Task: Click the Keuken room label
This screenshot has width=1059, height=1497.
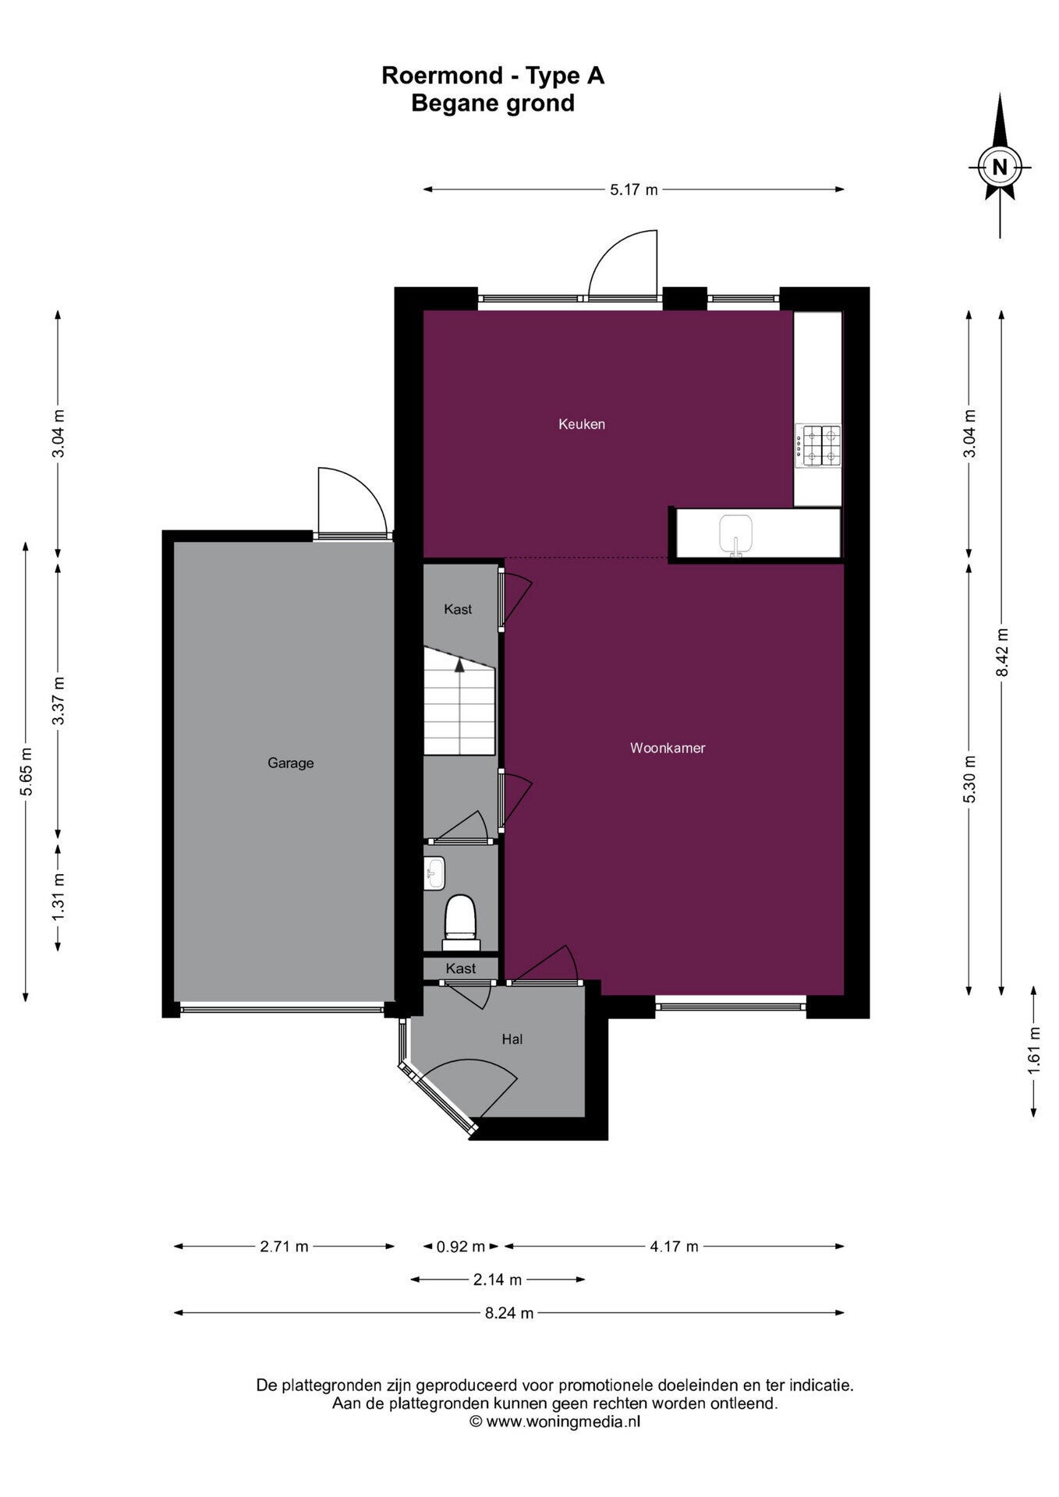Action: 581,424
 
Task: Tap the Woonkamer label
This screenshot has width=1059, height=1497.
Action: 668,748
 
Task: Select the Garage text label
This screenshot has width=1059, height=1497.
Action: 290,763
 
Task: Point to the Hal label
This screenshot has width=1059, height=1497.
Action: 512,1039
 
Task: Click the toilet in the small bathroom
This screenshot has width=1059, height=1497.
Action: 460,922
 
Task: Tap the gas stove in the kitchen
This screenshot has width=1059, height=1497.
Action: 818,445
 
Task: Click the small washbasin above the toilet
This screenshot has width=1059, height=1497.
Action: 434,872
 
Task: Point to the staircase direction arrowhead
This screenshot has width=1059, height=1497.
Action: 460,664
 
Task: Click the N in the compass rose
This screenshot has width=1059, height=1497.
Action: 999,166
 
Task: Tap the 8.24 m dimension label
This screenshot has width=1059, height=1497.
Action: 509,1313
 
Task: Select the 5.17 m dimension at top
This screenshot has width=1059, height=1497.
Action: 634,189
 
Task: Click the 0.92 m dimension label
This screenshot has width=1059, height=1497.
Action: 460,1247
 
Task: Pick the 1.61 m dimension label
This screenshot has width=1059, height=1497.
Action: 1034,1050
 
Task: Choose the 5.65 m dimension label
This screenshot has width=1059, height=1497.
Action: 27,772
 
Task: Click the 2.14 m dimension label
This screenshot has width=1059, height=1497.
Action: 498,1279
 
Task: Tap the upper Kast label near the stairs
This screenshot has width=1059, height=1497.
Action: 458,609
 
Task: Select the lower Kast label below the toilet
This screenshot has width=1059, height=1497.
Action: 460,968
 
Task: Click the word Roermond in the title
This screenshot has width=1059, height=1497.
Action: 442,76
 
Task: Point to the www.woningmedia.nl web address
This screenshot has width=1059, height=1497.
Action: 563,1421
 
